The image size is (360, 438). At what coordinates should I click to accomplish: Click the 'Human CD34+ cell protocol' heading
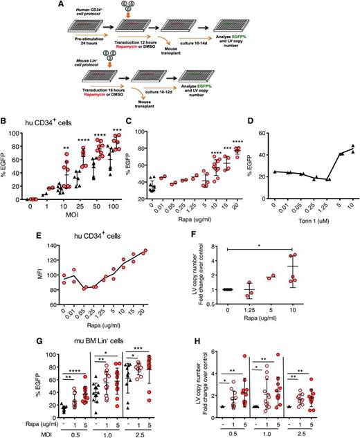(x=84, y=16)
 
